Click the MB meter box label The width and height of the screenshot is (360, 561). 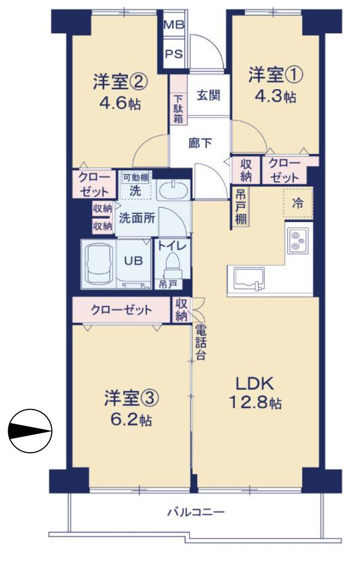(175, 25)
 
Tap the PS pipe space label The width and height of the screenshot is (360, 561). (175, 54)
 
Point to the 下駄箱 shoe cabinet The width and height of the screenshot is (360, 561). (178, 107)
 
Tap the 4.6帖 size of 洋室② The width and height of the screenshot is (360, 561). (119, 103)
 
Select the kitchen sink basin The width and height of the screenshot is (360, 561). (249, 279)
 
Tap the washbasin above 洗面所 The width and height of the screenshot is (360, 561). (173, 191)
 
